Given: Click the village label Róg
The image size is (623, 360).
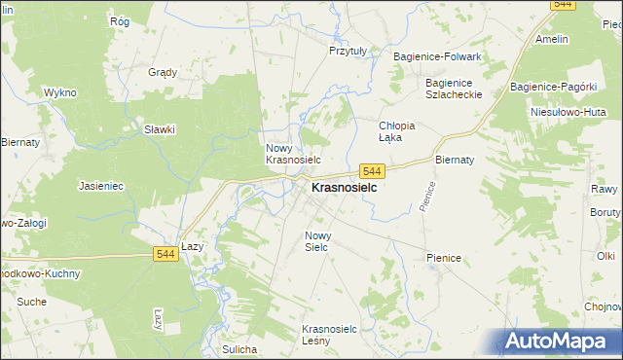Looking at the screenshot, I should coord(120,20).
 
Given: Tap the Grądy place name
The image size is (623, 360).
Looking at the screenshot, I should coord(162,72).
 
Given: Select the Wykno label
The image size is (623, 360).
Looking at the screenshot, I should coord(59,92).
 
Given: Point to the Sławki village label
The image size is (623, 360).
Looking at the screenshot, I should coord(160,129).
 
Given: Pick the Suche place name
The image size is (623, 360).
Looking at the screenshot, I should coord(31,302).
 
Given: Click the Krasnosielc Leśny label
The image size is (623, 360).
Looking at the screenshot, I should coord(333,336).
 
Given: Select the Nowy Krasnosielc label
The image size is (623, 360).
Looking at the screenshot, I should coord(293,153).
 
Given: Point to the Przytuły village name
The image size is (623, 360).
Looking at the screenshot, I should coord(348,51).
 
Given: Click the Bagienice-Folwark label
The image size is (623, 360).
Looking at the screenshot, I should coord(437,57).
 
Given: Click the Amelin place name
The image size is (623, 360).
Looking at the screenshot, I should coord(551,39).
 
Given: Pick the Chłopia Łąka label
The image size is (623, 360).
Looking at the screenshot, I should coord(397,131).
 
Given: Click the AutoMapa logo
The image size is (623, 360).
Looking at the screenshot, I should coord(559,340).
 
